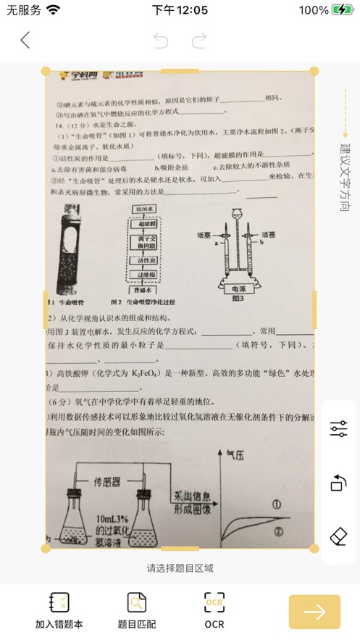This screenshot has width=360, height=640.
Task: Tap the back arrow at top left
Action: coord(25,41)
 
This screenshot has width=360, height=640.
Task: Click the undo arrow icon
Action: coord(161,41)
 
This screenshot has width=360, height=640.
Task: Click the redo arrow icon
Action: coord(199,41)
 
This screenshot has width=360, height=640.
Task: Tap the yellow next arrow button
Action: coord(314,612)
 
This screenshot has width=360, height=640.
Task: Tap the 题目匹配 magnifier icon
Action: coord(137,603)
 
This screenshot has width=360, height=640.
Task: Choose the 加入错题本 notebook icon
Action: coord(59,603)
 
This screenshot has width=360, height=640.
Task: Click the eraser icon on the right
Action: coord(338,536)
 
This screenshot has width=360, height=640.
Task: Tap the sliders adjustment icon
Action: coord(338,428)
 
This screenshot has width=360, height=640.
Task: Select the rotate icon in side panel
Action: coord(338,483)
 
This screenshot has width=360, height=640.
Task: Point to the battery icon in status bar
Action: coord(343,10)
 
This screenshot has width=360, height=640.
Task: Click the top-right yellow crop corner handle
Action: coord(314,71)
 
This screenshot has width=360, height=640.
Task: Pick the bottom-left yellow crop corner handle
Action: coord(46,549)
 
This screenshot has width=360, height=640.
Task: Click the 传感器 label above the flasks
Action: coord(112,481)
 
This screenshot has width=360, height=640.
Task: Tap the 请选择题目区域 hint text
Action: coord(180,568)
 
